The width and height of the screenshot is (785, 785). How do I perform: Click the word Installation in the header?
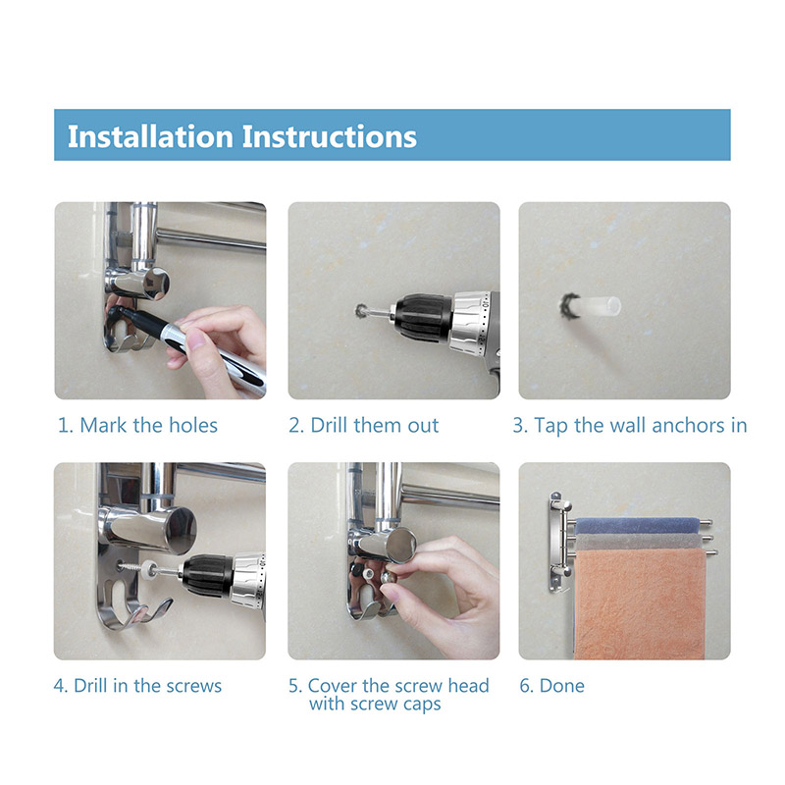151,136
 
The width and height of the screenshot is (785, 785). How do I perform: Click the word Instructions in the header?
330,136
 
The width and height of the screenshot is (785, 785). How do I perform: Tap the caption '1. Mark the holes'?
137,426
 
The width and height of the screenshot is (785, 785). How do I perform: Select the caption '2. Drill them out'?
363,426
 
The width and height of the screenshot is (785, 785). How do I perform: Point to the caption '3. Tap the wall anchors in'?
630,426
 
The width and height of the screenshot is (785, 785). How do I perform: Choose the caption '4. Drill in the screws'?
137,686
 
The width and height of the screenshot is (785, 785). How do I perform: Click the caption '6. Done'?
551,686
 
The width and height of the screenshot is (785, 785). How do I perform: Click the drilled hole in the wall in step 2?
361,311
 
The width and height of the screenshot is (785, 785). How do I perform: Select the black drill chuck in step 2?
424,318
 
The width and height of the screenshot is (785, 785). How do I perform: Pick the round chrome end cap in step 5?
400,545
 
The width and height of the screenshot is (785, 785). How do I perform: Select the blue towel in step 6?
637,526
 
